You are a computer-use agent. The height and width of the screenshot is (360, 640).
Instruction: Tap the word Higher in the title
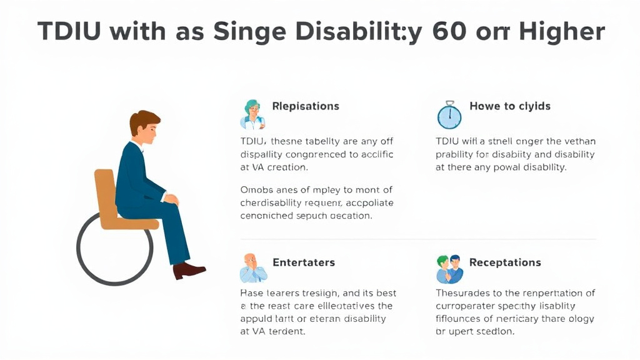[x=561, y=31]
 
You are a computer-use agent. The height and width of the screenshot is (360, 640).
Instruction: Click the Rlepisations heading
[x=306, y=106]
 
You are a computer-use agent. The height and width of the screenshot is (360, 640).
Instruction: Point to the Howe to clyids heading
[x=510, y=106]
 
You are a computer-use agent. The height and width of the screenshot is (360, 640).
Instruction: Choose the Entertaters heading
[x=304, y=262]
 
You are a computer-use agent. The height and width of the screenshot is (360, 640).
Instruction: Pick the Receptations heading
[x=505, y=262]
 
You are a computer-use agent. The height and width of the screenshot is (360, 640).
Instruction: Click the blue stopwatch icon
[x=449, y=116]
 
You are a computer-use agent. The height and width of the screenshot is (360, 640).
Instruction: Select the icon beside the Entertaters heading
[x=252, y=268]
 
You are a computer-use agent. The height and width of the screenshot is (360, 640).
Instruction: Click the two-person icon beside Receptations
[x=449, y=269]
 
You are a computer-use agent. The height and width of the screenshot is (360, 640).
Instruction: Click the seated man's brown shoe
[x=189, y=271]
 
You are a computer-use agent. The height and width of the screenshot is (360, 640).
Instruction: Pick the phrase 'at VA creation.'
[x=274, y=167]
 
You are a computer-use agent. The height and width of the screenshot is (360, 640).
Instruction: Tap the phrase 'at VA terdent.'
[x=273, y=332]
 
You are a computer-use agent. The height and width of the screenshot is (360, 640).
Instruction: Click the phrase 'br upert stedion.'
[x=475, y=332]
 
